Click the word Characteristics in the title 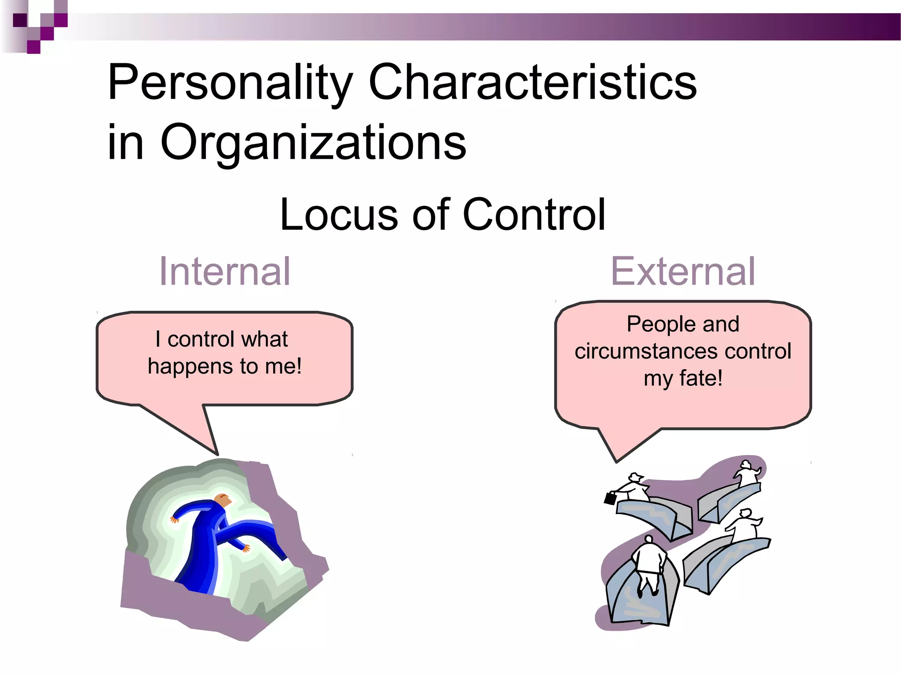click(532, 82)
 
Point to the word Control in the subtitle click(534, 214)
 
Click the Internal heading click(224, 272)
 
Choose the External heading click(683, 272)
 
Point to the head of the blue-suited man click(223, 500)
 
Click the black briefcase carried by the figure click(610, 498)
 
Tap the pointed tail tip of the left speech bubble click(217, 454)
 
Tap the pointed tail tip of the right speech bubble click(616, 462)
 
